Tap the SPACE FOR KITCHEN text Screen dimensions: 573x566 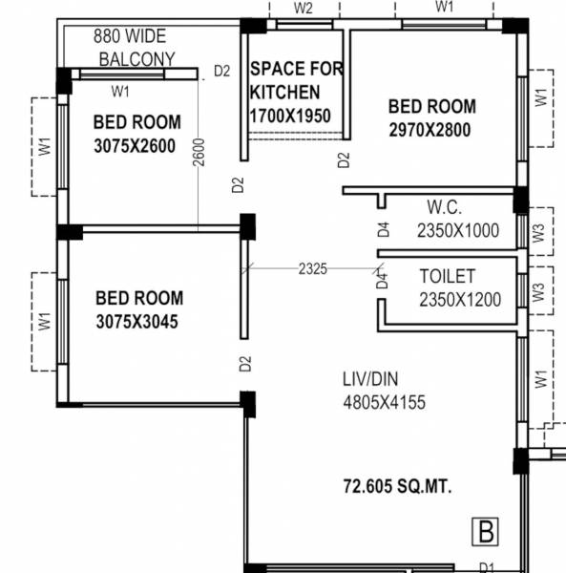(296, 80)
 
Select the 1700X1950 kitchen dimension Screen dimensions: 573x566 (289, 116)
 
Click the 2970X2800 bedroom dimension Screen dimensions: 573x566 (430, 131)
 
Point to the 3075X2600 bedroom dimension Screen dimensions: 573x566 (135, 147)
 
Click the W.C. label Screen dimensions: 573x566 (445, 206)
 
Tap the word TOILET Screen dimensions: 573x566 (448, 276)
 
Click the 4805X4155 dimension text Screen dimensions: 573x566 (385, 402)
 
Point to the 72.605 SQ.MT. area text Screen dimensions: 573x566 (398, 487)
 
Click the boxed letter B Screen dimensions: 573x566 (486, 528)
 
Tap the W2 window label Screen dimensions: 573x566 (304, 8)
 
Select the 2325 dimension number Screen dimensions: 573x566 (312, 269)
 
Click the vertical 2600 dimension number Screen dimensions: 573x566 (199, 153)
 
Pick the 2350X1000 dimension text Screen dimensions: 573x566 (458, 230)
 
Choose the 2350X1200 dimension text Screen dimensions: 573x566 (459, 300)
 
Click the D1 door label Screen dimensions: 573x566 (487, 567)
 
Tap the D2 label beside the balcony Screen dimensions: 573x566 (221, 70)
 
